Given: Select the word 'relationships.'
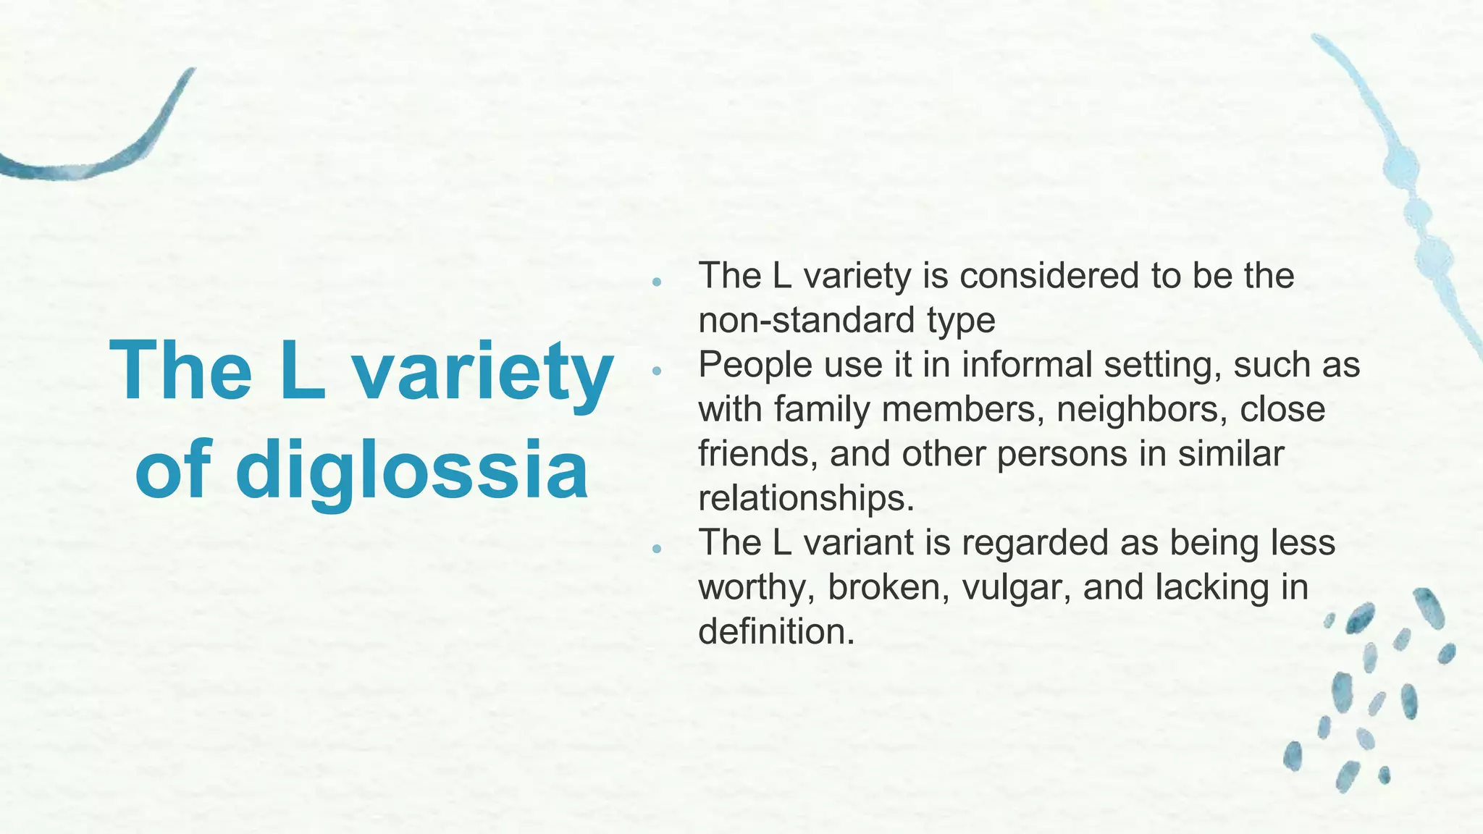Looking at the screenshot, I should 807,499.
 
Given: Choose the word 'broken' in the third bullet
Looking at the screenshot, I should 888,587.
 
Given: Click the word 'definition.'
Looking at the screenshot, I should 777,632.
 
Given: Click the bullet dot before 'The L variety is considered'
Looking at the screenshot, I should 657,282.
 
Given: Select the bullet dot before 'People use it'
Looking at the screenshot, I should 657,371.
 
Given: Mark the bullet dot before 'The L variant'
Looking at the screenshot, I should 657,549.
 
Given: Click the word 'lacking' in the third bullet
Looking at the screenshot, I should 1208,587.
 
